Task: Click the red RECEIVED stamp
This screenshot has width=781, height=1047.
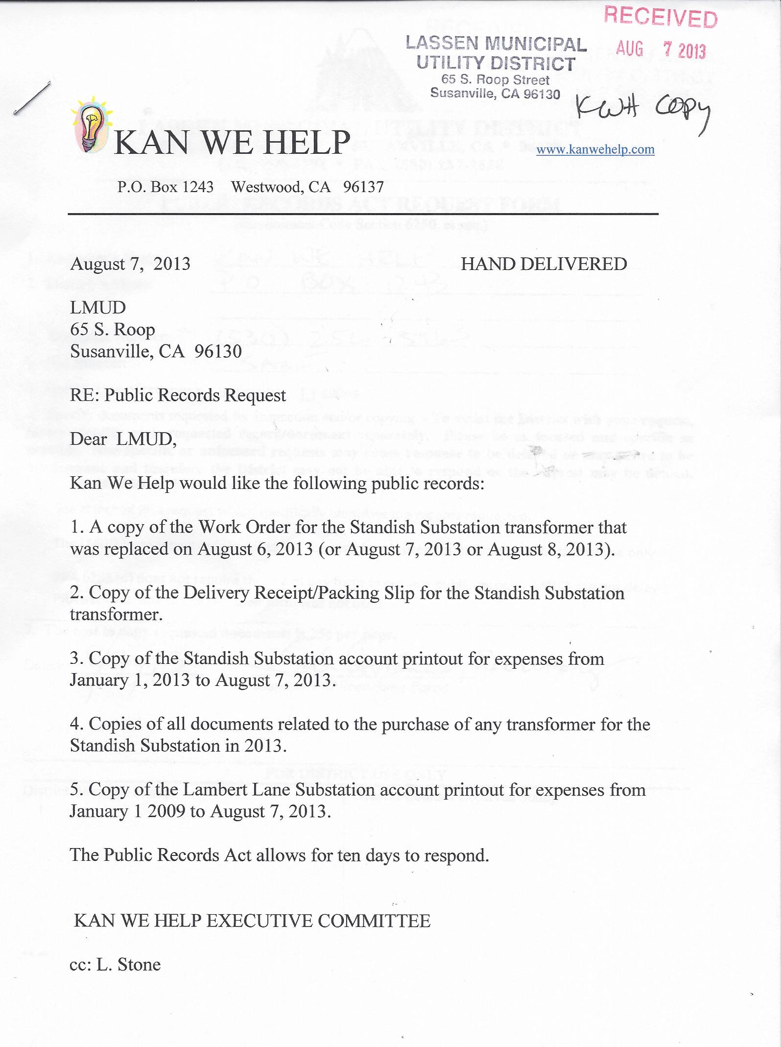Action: tap(660, 17)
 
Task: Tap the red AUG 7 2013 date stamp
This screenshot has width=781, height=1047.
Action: tap(661, 50)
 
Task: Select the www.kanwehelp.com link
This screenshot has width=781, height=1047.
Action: tap(595, 149)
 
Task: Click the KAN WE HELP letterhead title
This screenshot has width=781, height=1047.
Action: tap(232, 143)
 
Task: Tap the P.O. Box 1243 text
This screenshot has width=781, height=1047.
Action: tap(166, 187)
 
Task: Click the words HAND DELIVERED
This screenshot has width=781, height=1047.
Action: tap(544, 264)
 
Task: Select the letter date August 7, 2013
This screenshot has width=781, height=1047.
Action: tap(130, 264)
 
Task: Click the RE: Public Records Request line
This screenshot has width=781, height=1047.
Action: tap(178, 395)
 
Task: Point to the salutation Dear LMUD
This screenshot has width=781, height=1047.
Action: tap(123, 439)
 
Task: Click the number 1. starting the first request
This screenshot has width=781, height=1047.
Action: tap(77, 528)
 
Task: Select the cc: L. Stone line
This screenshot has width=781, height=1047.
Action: tap(115, 965)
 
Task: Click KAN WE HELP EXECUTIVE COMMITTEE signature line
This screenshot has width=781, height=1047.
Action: tap(252, 921)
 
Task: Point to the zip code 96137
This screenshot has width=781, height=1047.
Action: tap(363, 187)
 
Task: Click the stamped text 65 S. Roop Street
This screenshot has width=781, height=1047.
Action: tap(495, 79)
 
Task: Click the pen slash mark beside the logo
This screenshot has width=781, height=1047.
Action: tap(32, 98)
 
